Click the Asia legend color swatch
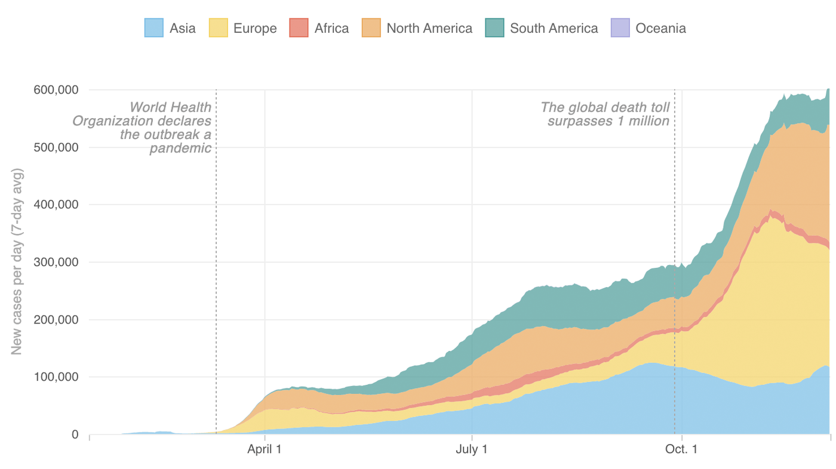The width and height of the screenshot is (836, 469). coord(154,28)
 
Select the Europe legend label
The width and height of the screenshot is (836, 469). coord(255,28)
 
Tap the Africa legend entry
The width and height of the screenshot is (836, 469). coord(331,28)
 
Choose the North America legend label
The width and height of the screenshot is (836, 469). coord(429,28)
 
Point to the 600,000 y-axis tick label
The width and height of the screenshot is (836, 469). coord(56,90)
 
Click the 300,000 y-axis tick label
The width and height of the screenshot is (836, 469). coord(56,262)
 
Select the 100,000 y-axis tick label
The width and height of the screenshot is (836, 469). coord(56,377)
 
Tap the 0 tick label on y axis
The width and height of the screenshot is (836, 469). coord(75,434)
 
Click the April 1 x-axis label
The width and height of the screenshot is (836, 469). coord(265,449)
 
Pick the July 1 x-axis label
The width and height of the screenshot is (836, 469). coord(472,449)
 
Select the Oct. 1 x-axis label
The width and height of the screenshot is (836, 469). coord(682,449)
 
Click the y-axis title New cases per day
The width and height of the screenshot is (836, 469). coord(17,261)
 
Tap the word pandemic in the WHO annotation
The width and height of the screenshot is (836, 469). coord(180,148)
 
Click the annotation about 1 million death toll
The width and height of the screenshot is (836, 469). coord(605,114)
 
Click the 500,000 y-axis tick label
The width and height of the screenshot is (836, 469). coord(56,147)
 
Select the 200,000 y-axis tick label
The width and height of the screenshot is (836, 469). coord(56,320)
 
